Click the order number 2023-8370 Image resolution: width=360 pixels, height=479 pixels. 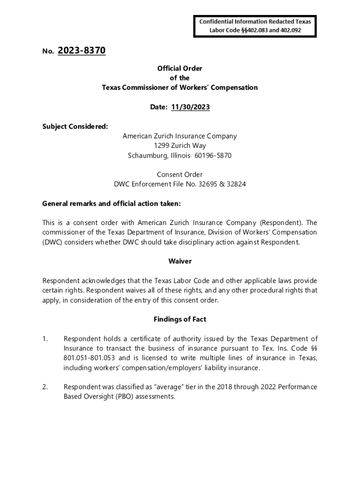click(x=82, y=51)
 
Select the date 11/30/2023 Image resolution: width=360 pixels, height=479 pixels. click(x=190, y=107)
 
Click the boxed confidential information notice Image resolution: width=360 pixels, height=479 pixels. click(x=255, y=26)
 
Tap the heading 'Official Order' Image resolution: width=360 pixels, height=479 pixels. click(x=180, y=68)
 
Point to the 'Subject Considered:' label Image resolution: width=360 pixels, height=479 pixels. click(x=75, y=126)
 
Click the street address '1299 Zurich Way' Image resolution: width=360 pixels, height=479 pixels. click(x=180, y=145)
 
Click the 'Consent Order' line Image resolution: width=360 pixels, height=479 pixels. click(x=180, y=174)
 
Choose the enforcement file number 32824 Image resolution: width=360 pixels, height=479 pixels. click(x=236, y=184)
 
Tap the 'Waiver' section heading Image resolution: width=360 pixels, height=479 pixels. click(x=180, y=261)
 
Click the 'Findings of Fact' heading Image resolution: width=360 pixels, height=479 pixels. click(x=180, y=319)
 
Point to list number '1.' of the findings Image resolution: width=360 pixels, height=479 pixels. click(x=45, y=339)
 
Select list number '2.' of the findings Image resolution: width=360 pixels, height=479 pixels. click(x=45, y=387)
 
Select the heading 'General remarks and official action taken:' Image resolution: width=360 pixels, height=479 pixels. click(x=111, y=203)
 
